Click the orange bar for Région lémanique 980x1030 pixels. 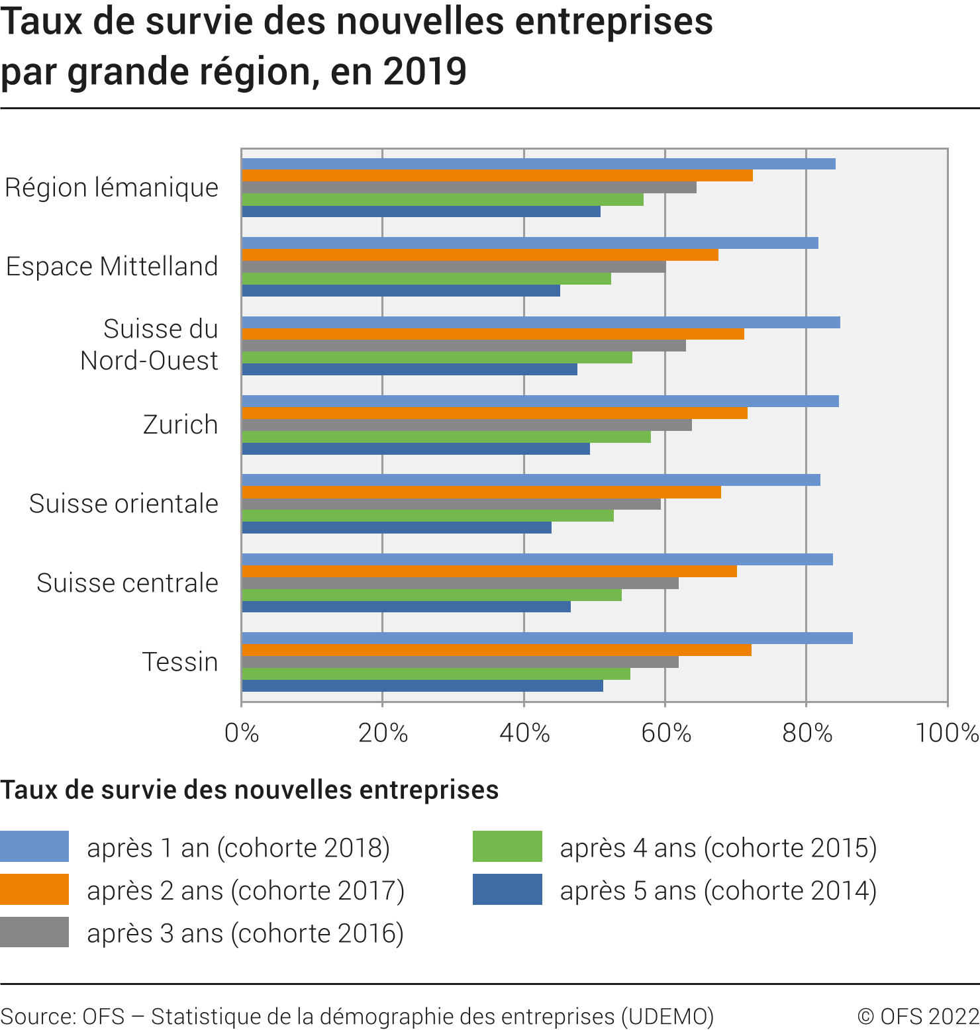497,175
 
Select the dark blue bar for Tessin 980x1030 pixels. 422,686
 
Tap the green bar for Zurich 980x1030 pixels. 446,437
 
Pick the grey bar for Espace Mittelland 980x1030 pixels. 454,267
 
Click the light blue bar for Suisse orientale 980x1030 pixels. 530,480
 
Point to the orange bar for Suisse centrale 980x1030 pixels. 489,571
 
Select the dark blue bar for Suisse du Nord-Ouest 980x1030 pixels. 409,369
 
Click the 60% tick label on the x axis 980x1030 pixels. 665,733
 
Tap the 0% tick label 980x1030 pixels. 242,733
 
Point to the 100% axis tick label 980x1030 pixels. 947,733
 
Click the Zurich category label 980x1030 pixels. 180,425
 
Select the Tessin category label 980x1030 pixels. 180,662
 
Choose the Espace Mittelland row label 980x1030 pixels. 112,267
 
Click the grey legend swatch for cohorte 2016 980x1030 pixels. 34,932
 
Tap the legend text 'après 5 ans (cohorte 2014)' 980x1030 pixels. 718,890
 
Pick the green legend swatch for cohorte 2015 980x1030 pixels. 507,847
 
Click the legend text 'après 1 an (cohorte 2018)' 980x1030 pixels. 238,848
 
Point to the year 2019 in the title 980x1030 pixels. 424,71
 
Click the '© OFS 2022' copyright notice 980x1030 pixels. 918,1016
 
